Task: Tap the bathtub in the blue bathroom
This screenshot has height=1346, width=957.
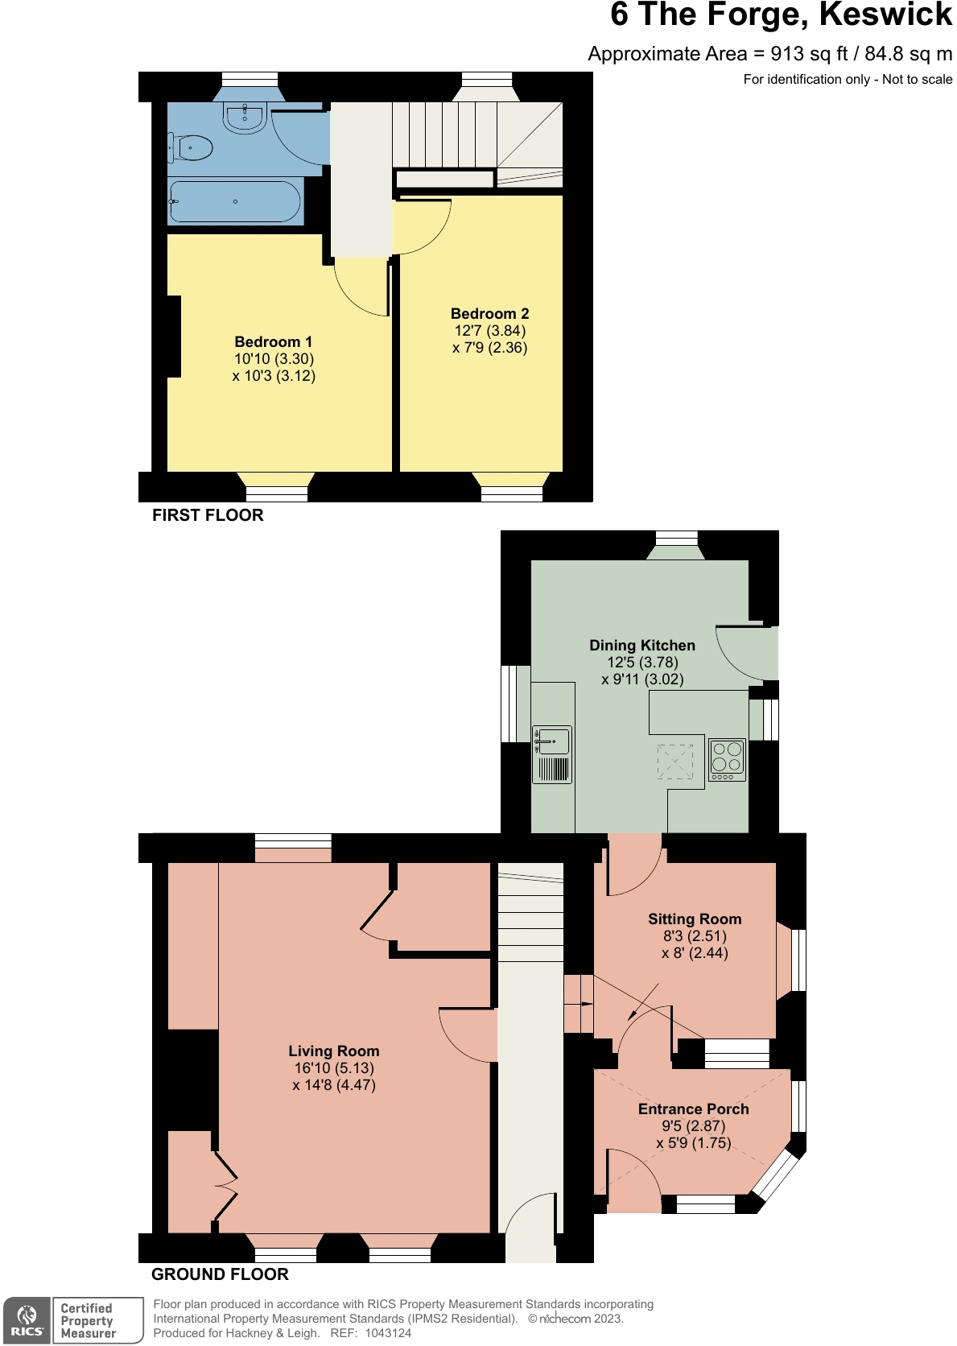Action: point(235,201)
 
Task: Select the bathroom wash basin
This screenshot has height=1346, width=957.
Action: point(245,118)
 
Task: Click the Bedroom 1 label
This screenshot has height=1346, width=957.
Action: point(273,342)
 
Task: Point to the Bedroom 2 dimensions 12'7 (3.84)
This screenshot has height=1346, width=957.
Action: point(489,331)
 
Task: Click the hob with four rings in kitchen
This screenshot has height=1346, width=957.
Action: point(727,758)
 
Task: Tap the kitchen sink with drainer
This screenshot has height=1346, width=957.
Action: point(552,754)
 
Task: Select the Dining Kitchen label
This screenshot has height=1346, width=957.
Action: point(641,646)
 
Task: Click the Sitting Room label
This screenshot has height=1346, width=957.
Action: point(694,919)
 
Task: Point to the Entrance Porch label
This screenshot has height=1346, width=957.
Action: point(693,1109)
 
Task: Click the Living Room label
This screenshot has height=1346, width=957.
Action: point(333,1051)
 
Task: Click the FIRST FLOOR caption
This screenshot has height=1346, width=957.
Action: point(208,516)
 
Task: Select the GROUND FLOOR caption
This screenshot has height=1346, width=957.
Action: point(220,1274)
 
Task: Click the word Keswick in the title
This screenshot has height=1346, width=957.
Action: point(885,15)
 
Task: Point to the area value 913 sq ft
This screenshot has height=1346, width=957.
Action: point(809,54)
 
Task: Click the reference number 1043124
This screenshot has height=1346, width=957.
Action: point(388,1333)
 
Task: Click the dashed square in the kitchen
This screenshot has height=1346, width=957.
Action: point(674,762)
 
